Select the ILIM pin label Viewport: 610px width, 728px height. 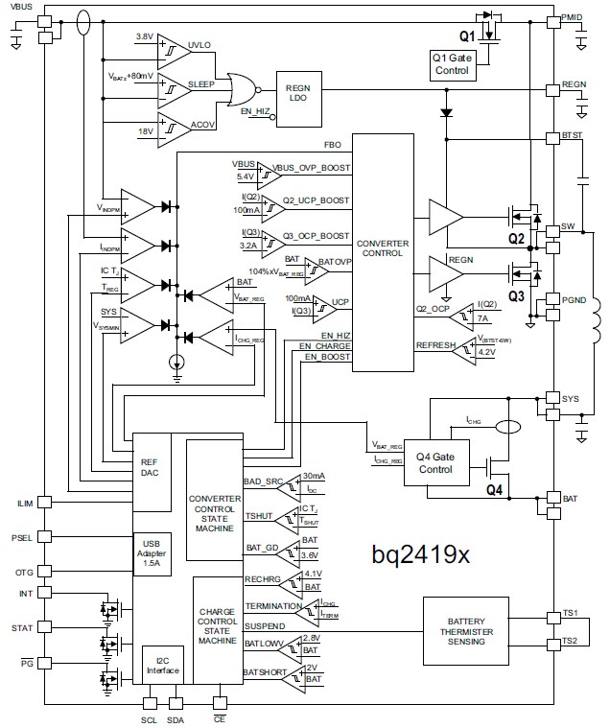(x=22, y=502)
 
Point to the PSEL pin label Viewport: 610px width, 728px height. (x=22, y=537)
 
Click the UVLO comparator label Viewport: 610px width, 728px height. (x=200, y=45)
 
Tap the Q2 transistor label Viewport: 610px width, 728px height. (x=515, y=237)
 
